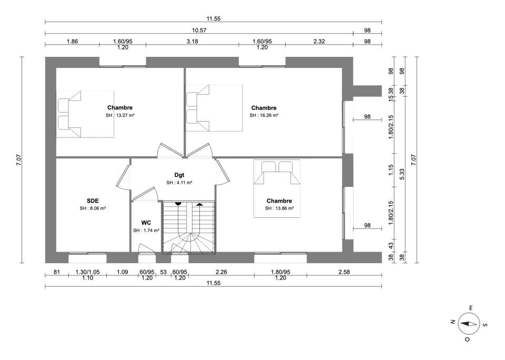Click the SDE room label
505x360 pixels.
tap(93, 201)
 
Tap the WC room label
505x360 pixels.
tap(146, 223)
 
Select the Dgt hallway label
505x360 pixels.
tap(179, 175)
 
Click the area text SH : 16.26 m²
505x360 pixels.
tap(264, 115)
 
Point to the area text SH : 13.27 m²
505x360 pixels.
tap(120, 115)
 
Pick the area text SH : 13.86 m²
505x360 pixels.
tap(279, 208)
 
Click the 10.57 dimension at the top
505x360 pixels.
tap(199, 31)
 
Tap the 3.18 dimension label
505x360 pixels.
tap(193, 41)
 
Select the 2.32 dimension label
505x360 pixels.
tap(319, 41)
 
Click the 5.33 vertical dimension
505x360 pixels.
tap(402, 174)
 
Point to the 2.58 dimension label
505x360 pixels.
tap(344, 272)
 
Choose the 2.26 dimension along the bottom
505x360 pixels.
tap(221, 272)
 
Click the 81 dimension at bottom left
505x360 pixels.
tap(57, 272)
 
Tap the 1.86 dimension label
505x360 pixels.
tap(72, 41)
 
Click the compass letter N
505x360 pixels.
tap(452, 322)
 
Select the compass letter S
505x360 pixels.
tap(485, 325)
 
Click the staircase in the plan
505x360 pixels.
tap(188, 227)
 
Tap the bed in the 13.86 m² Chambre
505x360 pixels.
tap(277, 188)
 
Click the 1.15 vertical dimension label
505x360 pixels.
tap(391, 170)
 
